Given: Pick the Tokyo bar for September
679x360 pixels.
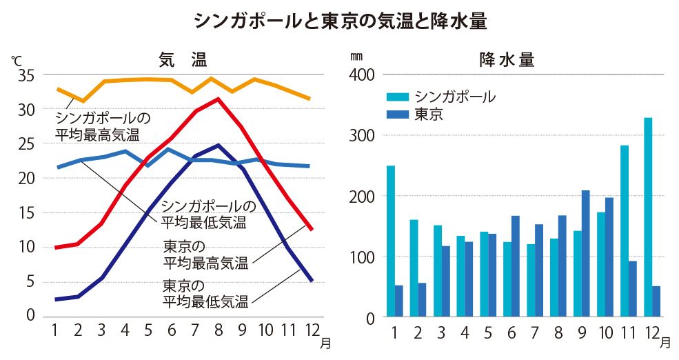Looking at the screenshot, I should point(585,254).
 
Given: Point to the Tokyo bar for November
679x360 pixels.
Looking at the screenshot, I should point(632,289).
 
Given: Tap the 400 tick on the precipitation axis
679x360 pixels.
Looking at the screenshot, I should point(363,74).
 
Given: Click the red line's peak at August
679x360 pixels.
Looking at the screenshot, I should point(219,99).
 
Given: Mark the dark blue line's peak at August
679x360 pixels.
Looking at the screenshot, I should point(219,145).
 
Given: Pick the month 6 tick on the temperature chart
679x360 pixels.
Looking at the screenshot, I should point(172,330).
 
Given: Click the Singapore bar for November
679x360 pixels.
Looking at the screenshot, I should point(625,231).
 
